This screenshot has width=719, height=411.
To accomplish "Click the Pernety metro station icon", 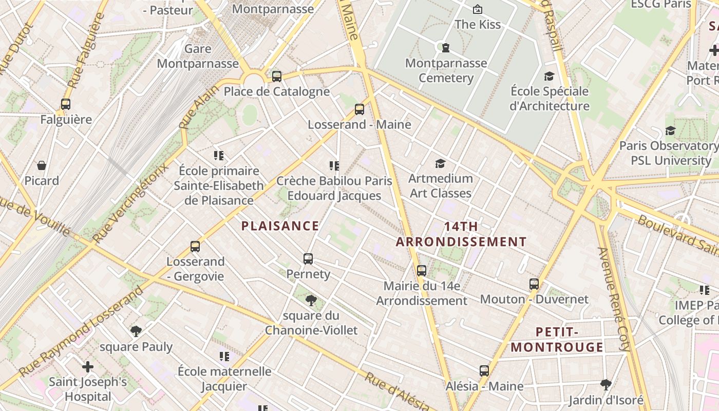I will pyautogui.click(x=308, y=259).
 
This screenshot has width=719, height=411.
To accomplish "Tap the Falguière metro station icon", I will pyautogui.click(x=66, y=104).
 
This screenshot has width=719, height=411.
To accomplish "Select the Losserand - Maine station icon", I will pyautogui.click(x=359, y=109).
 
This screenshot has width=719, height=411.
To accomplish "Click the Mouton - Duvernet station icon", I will pyautogui.click(x=534, y=284).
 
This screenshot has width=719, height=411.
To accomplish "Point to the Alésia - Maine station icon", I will pyautogui.click(x=484, y=371).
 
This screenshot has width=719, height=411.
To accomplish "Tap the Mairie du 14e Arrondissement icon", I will pyautogui.click(x=422, y=271).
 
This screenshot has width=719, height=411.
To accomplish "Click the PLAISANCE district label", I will pyautogui.click(x=280, y=226).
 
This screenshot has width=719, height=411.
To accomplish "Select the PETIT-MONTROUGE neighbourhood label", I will pyautogui.click(x=557, y=340).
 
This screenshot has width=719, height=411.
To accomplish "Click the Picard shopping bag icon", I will pyautogui.click(x=42, y=165).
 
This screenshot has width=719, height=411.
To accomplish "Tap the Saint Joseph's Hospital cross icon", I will pyautogui.click(x=88, y=367).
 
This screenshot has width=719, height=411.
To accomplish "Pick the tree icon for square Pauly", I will pyautogui.click(x=136, y=331).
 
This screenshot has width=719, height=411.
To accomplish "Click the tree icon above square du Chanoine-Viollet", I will pyautogui.click(x=311, y=301).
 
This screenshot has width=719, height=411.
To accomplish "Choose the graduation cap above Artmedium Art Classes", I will pyautogui.click(x=440, y=163).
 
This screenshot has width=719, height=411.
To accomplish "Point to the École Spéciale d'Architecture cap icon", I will pyautogui.click(x=549, y=76).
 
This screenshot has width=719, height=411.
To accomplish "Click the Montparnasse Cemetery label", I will pyautogui.click(x=446, y=70).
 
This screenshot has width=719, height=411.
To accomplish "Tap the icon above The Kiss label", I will pyautogui.click(x=477, y=9).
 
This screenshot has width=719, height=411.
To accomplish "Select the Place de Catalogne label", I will pyautogui.click(x=276, y=91).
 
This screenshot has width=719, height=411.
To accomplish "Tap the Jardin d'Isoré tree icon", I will pyautogui.click(x=606, y=384).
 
